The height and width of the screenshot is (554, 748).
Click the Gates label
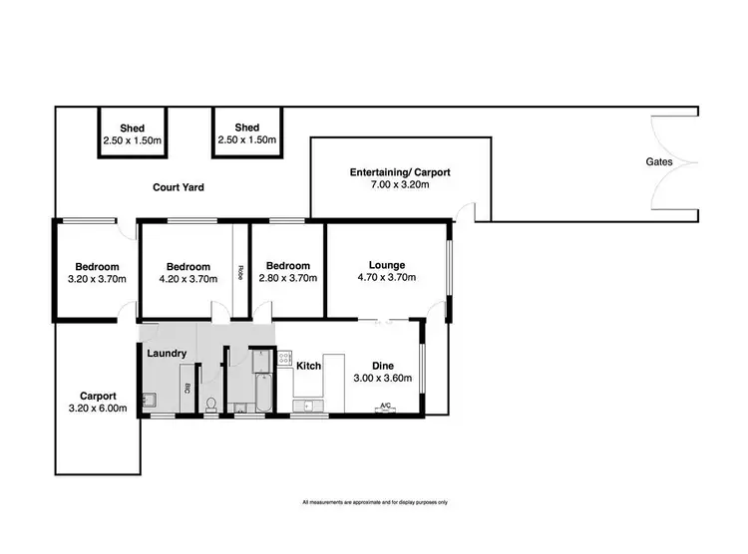pyautogui.click(x=658, y=161)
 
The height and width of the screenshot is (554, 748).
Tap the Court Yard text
pyautogui.click(x=179, y=186)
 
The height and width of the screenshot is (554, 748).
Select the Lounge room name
pyautogui.click(x=386, y=265)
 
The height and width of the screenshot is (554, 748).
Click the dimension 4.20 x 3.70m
pyautogui.click(x=187, y=279)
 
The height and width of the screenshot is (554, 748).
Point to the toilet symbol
pyautogui.click(x=210, y=404)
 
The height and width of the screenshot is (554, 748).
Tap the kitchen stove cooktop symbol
pyautogui.click(x=284, y=358)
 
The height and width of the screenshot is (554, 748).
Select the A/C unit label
pyautogui.click(x=385, y=406)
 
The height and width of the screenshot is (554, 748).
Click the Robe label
pyautogui.click(x=240, y=271)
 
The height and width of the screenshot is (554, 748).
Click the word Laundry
pyautogui.click(x=167, y=354)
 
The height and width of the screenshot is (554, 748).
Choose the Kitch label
pyautogui.click(x=308, y=367)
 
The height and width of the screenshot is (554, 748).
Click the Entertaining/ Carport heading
pyautogui.click(x=399, y=172)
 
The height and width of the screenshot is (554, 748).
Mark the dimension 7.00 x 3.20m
pyautogui.click(x=399, y=184)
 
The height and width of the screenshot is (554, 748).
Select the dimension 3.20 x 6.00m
pyautogui.click(x=97, y=408)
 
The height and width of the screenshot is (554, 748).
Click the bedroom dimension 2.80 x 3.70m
pyautogui.click(x=287, y=279)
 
